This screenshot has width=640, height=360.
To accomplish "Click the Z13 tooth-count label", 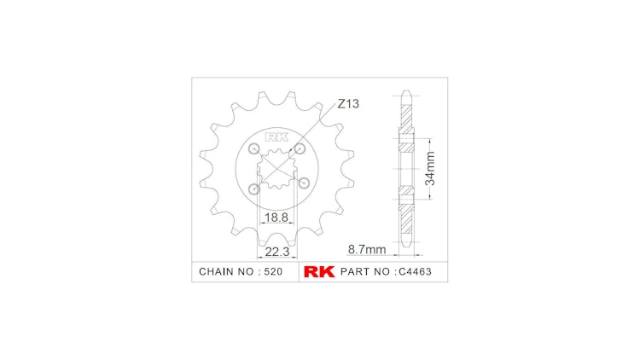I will tap(348, 104).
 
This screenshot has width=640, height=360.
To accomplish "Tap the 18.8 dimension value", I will tap(275, 218).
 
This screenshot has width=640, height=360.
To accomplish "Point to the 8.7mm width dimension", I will tap(367, 250).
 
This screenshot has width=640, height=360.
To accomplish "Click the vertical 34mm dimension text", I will tap(431, 168).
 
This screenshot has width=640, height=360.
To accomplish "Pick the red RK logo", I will tap(318, 272).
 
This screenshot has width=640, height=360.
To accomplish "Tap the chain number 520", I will tap(271, 272).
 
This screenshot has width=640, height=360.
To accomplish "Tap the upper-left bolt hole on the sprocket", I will tap(253, 150).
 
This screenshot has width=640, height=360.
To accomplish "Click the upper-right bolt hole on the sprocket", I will tap(300, 149).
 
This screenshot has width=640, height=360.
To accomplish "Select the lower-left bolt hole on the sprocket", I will tap(253, 189).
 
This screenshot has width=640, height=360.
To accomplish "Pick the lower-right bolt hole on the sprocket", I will tap(301, 183).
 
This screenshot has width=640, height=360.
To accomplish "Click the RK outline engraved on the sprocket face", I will tap(276, 136).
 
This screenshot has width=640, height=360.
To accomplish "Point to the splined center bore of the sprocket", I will tap(276, 168).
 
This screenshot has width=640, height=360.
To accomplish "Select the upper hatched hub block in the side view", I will tap(407, 142).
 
